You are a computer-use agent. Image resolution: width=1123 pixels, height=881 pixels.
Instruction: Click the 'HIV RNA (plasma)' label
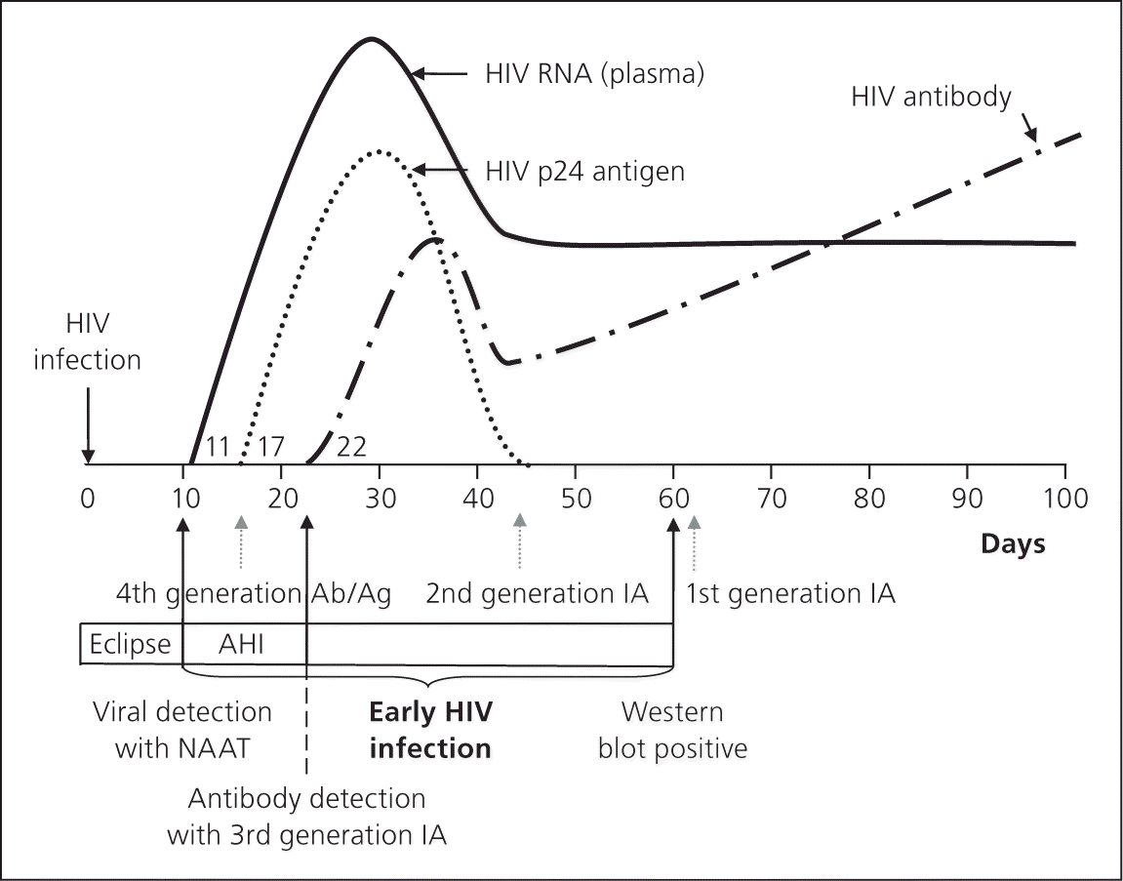594,73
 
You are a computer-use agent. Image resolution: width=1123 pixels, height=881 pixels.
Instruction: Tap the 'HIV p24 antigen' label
584,171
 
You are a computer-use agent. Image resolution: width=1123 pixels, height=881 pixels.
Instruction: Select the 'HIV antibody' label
931,97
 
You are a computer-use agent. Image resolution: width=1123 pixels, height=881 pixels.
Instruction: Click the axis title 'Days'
1013,543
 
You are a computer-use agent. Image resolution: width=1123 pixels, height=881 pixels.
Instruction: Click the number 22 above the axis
350,447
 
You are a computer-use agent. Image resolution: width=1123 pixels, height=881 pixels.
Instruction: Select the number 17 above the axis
270,447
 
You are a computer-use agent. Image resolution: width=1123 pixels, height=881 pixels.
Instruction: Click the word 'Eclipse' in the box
130,644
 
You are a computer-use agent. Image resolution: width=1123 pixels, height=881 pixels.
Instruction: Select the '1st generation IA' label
790,592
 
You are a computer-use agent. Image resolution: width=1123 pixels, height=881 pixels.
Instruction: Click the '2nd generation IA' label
538,592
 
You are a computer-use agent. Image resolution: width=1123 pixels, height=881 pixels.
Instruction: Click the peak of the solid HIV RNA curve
371,39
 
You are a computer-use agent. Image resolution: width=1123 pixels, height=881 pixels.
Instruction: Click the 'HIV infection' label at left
88,344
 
